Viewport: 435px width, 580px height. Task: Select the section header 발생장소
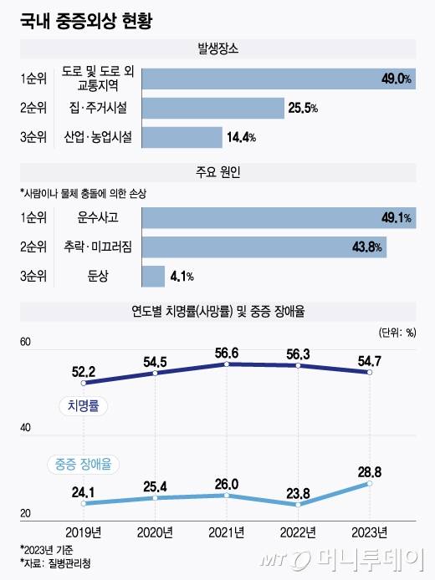click(217, 50)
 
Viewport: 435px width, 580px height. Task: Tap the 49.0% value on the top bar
click(396, 79)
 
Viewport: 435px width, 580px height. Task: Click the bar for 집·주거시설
click(212, 108)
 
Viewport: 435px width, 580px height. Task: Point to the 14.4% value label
click(242, 137)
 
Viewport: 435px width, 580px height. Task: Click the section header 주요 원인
click(217, 173)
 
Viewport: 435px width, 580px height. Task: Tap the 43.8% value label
click(367, 247)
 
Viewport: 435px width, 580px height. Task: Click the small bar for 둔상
click(153, 276)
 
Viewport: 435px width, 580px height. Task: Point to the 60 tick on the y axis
click(25, 343)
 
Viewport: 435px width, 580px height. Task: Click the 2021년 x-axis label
click(227, 532)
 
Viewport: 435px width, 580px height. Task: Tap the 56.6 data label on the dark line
click(227, 353)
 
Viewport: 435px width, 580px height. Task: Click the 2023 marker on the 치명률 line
click(370, 372)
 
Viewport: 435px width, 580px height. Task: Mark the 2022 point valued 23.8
click(298, 505)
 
